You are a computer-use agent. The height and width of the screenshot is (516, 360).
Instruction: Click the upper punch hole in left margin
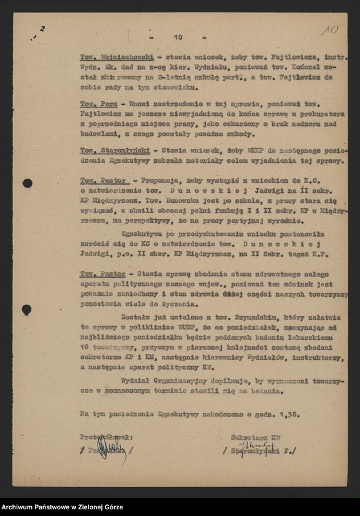click(x=28, y=183)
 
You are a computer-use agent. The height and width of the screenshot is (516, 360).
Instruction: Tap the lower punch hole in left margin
click(x=27, y=310)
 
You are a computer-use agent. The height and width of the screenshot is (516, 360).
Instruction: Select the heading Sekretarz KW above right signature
click(x=256, y=437)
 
